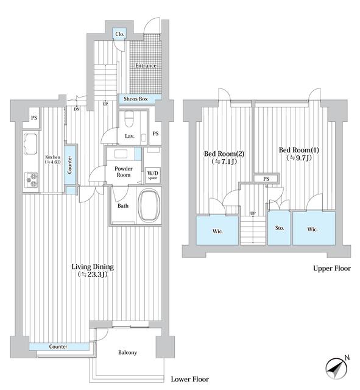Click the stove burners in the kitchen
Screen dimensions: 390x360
click(30, 180)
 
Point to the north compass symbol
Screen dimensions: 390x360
click(336, 367)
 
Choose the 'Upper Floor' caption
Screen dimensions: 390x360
click(331, 268)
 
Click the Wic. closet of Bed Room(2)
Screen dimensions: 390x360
click(216, 231)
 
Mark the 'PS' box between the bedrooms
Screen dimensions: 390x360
click(266, 179)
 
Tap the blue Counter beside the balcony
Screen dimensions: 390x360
click(59, 347)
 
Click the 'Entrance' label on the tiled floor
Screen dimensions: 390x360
click(146, 66)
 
